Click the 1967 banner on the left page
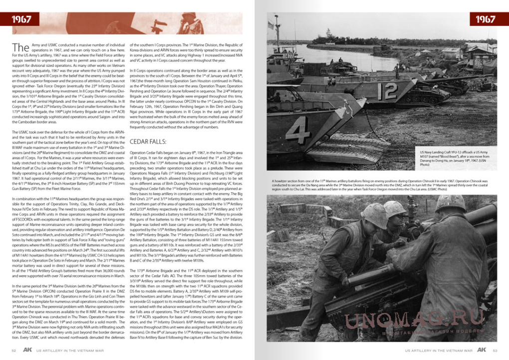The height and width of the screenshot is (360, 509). pos(22,19)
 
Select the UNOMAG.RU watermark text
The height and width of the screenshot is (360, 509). pos(414,312)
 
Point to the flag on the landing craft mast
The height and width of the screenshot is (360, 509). pos(272,24)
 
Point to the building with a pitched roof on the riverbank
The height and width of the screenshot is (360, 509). pos(452,52)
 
